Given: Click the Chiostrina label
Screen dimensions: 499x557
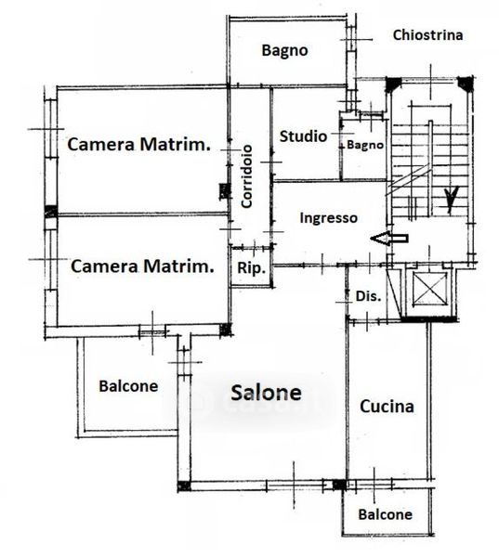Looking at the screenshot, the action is pos(427,35).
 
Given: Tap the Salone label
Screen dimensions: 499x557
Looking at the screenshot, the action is pos(266,393).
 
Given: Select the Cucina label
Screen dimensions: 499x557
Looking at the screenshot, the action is pos(387,406).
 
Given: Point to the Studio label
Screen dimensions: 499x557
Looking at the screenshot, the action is pos(303,136).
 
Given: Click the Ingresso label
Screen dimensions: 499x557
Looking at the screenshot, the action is pos(329,218).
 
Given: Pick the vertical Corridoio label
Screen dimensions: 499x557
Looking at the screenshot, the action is pos(246,176).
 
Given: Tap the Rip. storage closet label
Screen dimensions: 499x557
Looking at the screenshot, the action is pos(252,268).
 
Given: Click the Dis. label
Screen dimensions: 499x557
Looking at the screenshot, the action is pos(369,296).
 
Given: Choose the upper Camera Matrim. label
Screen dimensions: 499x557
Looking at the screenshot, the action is pos(139,144).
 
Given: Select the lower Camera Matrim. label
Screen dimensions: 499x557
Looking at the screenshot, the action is pos(142,266).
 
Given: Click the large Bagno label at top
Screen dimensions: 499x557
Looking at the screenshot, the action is pos(285,50).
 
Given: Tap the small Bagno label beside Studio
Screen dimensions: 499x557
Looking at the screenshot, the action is pos(365,145).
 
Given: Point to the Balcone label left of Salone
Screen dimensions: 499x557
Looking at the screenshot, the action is pos(128,386).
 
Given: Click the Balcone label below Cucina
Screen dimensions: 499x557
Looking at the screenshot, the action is pos(386,514).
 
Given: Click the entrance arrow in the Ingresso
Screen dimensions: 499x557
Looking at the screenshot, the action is pos(389,239).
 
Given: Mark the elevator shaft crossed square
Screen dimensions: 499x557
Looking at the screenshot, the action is pos(429,290).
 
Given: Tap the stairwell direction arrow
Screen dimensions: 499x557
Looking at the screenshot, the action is pos(451,201).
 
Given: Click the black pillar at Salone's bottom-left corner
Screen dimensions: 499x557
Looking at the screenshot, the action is pos(184,486).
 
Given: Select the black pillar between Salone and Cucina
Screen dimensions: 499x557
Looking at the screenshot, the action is pos(339,485).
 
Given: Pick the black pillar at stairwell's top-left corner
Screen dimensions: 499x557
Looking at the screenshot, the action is pos(393,84).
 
